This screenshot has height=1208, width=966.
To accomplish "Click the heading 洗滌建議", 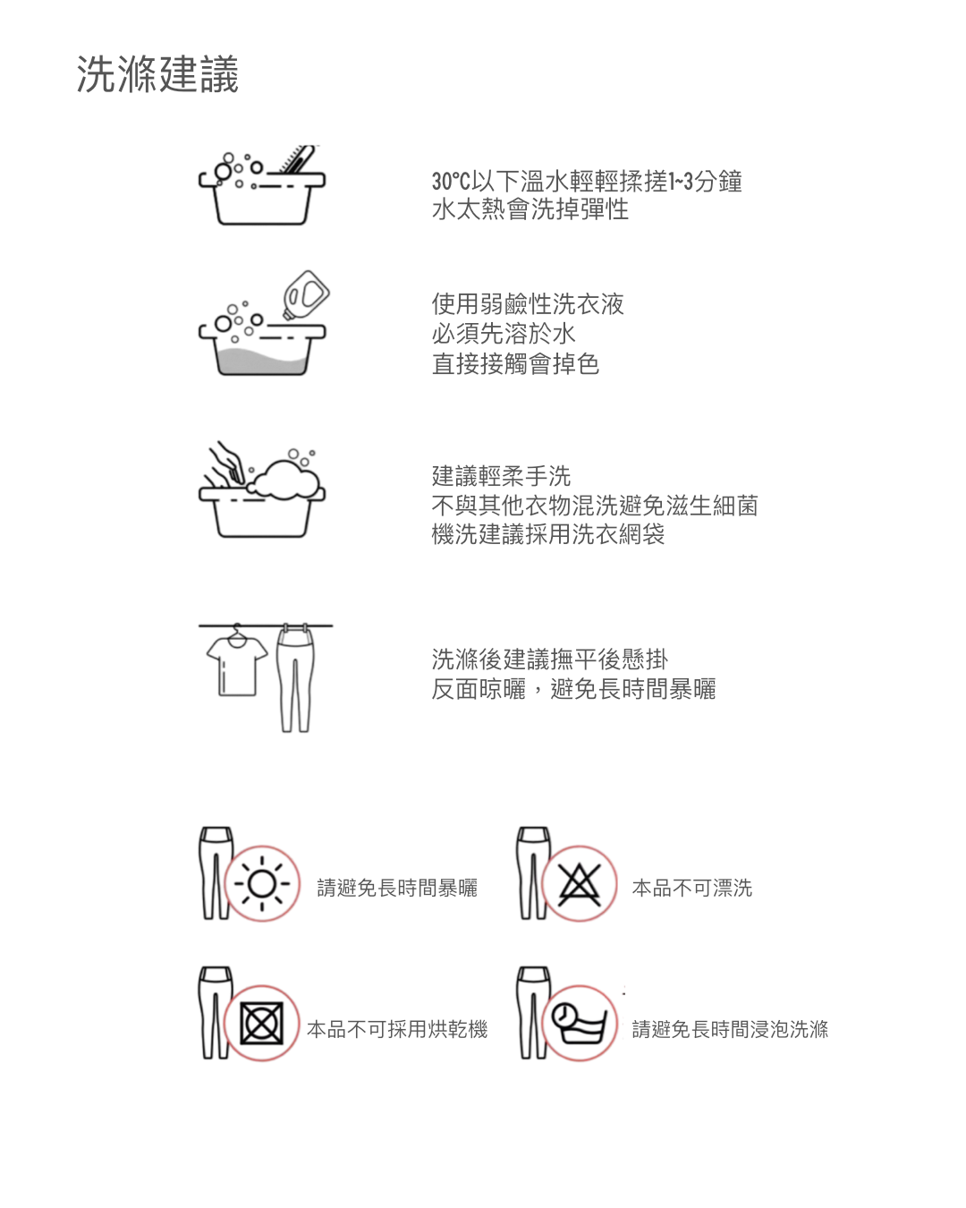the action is point(157,74).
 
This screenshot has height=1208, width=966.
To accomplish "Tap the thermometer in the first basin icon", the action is point(297,159).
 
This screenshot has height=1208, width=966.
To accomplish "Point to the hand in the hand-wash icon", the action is point(226,464).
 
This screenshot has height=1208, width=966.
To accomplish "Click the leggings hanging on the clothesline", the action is point(295,680).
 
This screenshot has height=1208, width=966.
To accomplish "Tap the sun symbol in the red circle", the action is point(261,883).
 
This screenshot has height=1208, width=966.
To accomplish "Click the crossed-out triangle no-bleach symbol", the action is point(580,884).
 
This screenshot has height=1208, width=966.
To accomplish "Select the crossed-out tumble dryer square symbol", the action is point(261,1024).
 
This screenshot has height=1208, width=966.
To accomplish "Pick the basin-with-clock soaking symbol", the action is point(580,1023).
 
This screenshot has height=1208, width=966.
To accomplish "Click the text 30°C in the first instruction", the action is point(451,182).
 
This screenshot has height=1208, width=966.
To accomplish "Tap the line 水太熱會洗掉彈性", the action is point(530,209).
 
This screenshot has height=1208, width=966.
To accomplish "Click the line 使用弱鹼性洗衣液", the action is point(528,304).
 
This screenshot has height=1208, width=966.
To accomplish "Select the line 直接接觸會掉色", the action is point(515,364).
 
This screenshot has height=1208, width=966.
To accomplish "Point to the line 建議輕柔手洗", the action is point(501,476).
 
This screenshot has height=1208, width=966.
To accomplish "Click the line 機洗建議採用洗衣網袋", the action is point(547,534).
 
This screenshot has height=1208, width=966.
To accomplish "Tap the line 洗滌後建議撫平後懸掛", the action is point(550,659).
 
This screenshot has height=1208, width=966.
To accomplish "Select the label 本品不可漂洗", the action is point(692,888).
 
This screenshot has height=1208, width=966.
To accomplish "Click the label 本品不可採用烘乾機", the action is point(397,1029).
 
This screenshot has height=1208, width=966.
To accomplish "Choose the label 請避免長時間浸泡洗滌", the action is point(730,1029).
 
